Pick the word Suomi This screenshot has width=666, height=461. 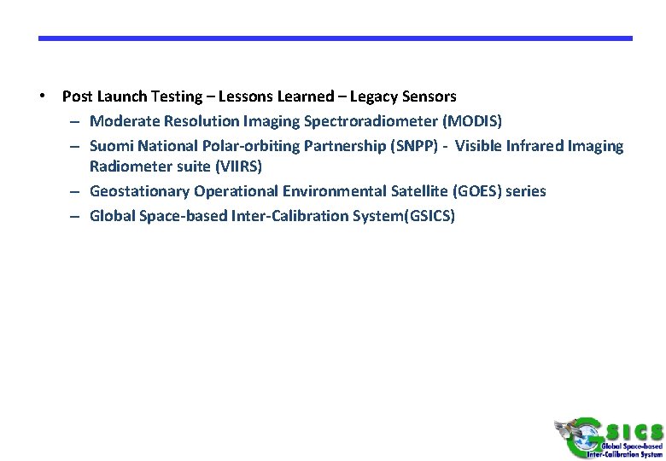(110, 146)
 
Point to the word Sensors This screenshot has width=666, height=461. (429, 96)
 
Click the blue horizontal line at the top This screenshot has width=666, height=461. (335, 38)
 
